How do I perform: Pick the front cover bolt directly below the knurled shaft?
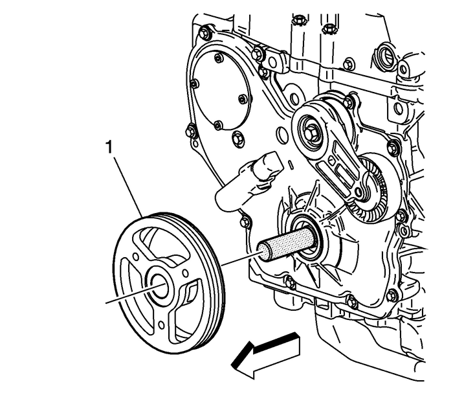(x=289, y=282)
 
